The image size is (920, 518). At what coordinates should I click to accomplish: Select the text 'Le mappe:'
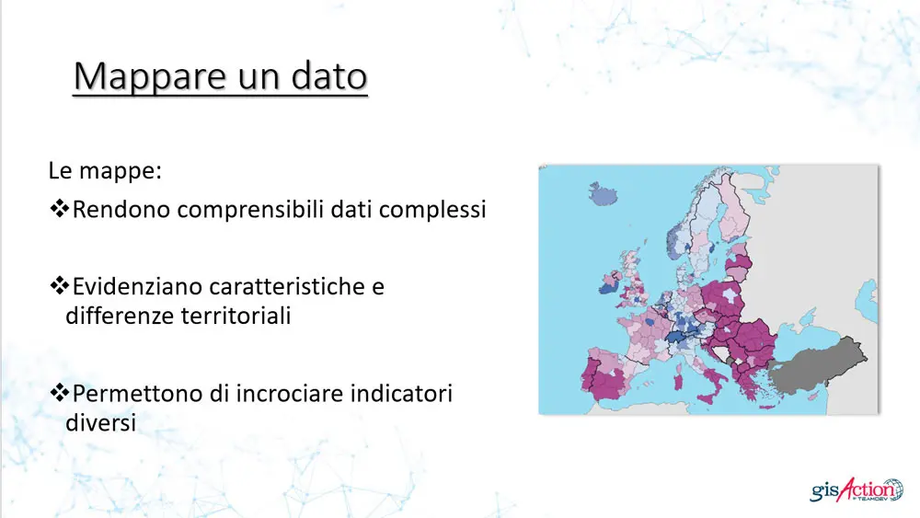(92, 172)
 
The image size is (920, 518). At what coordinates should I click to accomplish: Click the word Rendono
(121, 210)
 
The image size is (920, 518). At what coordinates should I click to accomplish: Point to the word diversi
(100, 423)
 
